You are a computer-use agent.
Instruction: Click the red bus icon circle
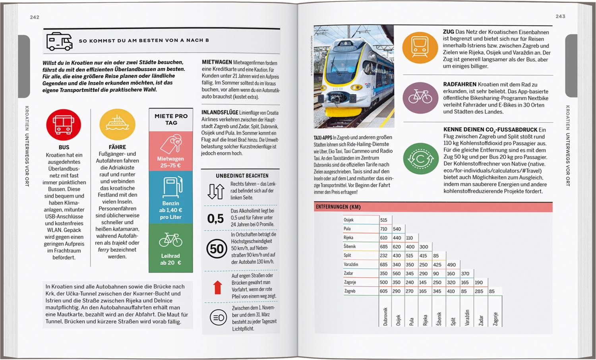pos(64,124)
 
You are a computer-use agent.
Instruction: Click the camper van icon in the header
pos(60,41)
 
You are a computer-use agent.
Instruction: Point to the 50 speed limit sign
pos(217,249)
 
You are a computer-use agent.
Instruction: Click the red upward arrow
pos(217,287)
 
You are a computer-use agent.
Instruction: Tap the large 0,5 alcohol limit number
pos(216,219)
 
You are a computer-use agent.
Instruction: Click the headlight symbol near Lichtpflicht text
pos(218,317)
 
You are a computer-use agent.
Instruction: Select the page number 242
pos(35,17)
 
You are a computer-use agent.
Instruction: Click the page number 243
pos(560,16)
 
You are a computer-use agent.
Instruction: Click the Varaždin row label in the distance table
pos(351,264)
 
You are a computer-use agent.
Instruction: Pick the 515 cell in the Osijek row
pos(383,220)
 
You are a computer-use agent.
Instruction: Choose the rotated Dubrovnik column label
pos(385,317)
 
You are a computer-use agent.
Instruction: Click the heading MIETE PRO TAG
pos(171,119)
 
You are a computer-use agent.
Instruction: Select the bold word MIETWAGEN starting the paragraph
pos(217,62)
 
